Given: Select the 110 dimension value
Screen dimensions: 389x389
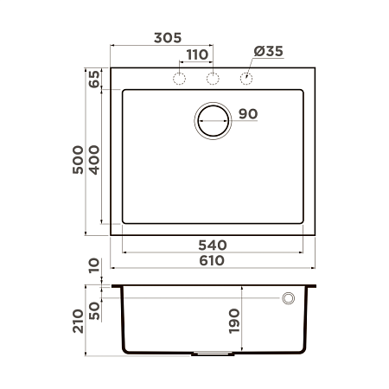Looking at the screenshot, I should click(196, 54).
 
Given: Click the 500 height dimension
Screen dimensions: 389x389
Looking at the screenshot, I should click(78, 161).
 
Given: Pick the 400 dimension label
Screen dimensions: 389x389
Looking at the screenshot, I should click(94, 161).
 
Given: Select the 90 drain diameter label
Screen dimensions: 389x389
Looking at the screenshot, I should click(248, 114).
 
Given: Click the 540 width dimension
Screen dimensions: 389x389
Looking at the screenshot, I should click(212, 246).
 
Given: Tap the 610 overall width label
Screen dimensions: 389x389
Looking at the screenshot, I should click(212, 261).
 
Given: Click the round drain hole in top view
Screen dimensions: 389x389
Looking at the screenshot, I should click(213, 120).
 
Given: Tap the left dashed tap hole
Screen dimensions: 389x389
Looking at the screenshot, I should click(180, 79).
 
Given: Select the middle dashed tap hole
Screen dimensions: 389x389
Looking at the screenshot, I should click(212, 79).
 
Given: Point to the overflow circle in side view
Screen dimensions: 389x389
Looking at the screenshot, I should click(288, 298).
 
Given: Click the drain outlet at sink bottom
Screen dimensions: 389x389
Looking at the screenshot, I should click(212, 353).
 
